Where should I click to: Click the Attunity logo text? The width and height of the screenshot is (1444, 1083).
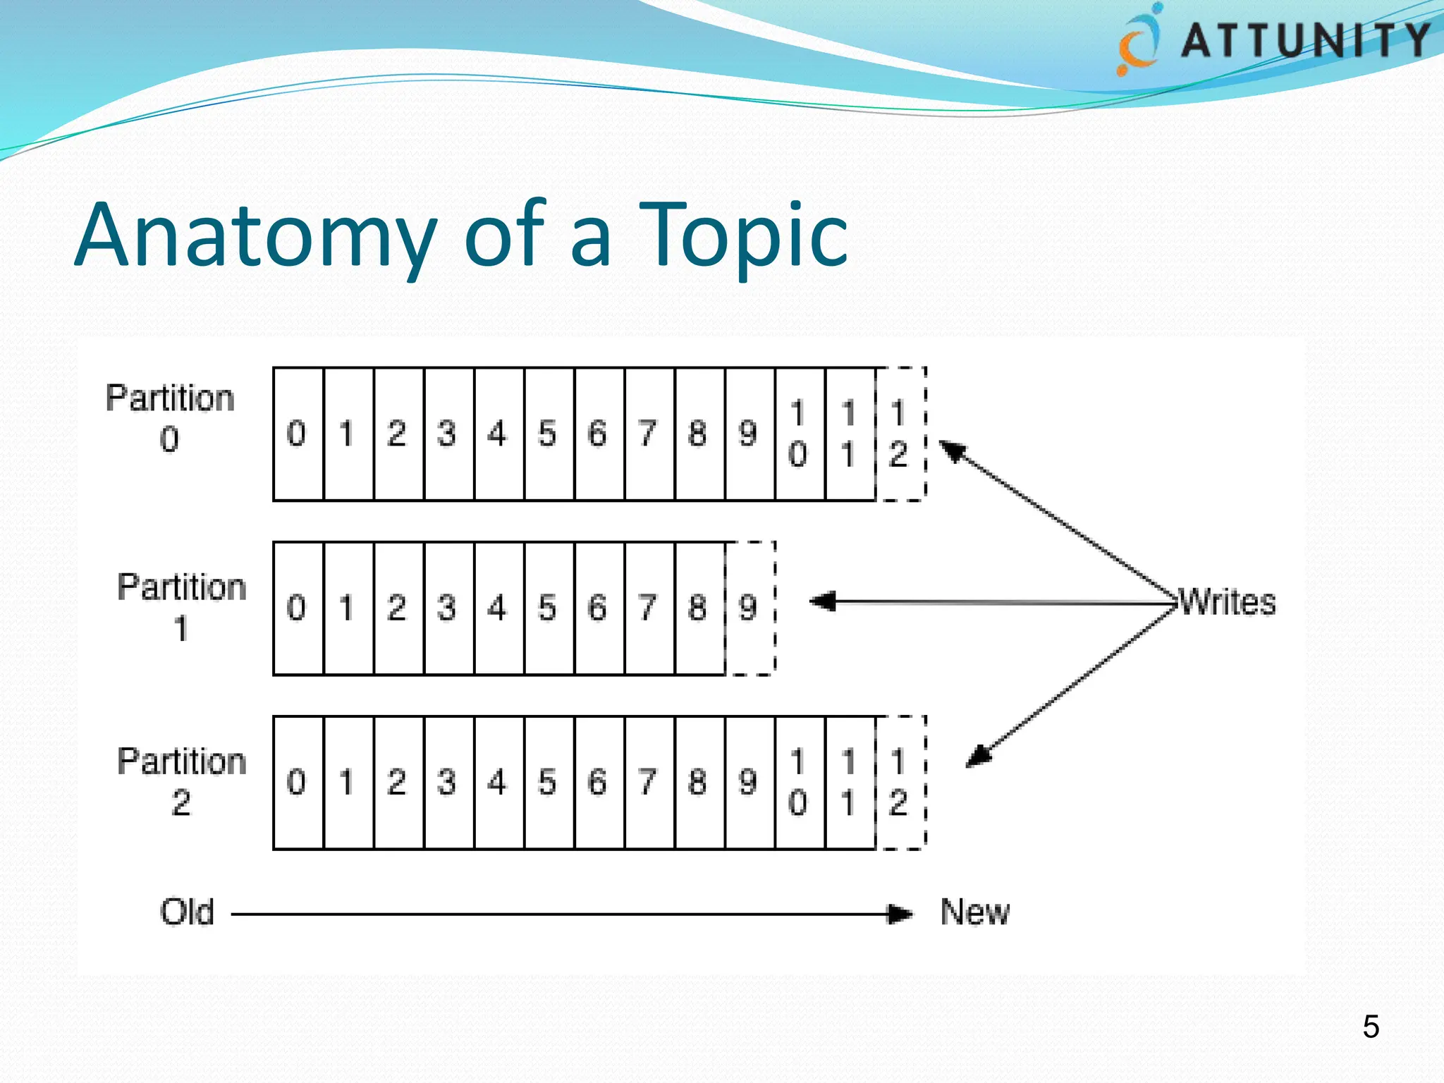click(1304, 40)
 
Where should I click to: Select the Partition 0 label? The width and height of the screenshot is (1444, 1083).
click(170, 418)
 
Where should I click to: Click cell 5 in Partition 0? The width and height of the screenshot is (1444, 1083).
click(548, 434)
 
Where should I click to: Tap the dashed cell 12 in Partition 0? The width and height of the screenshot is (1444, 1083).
click(899, 434)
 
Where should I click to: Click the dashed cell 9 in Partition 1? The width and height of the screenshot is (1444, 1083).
click(749, 608)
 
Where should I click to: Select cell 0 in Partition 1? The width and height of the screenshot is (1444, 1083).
click(297, 608)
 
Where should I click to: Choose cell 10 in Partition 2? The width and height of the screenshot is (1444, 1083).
click(799, 782)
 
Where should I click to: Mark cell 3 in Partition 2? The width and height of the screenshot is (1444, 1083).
click(447, 782)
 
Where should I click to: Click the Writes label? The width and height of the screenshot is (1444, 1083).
click(1228, 602)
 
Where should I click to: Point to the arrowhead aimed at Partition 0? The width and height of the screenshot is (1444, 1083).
click(952, 451)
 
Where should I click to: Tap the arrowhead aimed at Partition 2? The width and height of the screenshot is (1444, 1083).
click(979, 757)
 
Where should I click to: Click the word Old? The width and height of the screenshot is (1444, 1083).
click(187, 912)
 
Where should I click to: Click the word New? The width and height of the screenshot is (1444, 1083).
click(974, 912)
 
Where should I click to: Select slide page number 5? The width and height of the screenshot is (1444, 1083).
click(1370, 1027)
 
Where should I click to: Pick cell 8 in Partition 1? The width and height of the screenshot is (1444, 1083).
click(698, 608)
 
